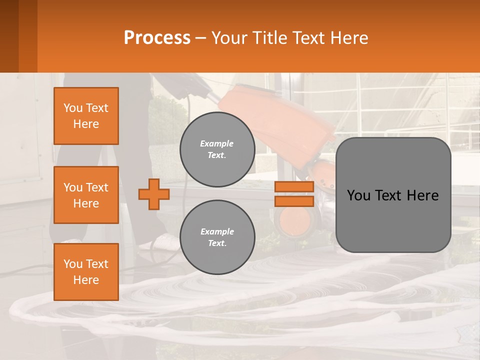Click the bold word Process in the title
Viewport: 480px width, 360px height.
pyautogui.click(x=157, y=38)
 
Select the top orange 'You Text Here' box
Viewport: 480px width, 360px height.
pyautogui.click(x=86, y=116)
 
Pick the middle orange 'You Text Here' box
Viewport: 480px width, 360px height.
pyautogui.click(x=86, y=195)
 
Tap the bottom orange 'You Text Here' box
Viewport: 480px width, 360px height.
pyautogui.click(x=86, y=271)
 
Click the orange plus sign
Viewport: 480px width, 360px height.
pyautogui.click(x=154, y=194)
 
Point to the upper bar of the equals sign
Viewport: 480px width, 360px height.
pyautogui.click(x=294, y=186)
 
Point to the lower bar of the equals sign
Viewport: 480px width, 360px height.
pyautogui.click(x=294, y=201)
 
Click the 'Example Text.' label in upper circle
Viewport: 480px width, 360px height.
pyautogui.click(x=217, y=149)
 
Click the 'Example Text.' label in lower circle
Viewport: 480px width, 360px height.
pyautogui.click(x=217, y=237)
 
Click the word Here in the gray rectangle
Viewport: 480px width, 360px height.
pyautogui.click(x=422, y=195)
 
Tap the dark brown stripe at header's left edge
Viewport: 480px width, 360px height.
pyautogui.click(x=9, y=36)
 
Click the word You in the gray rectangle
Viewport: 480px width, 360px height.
pyautogui.click(x=359, y=195)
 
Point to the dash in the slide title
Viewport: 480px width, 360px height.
pyautogui.click(x=200, y=38)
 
